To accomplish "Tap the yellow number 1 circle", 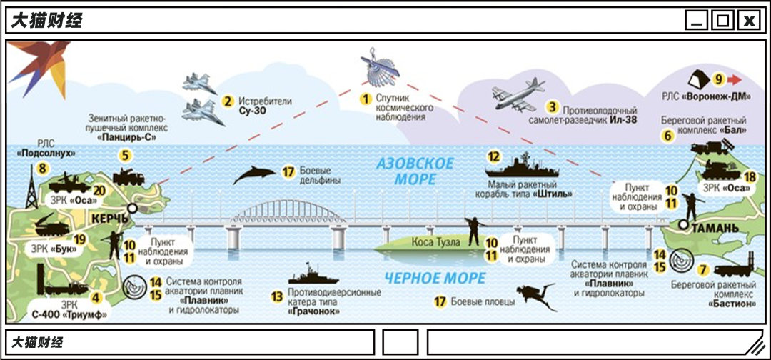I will click(365, 97).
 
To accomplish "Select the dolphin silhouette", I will click(254, 174).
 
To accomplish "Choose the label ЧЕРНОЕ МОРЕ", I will click(425, 278).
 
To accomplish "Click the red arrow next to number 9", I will click(735, 79).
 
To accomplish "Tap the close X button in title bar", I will click(748, 21).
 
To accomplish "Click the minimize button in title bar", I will click(697, 21).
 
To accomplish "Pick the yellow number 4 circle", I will click(95, 297).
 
